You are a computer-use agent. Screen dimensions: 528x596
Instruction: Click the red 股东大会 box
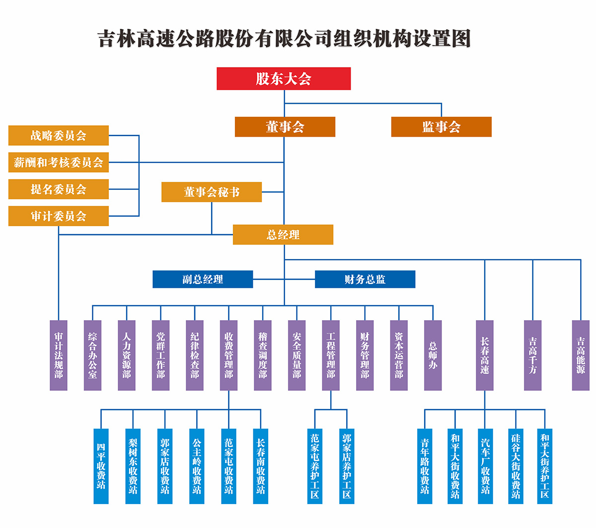point(284,79)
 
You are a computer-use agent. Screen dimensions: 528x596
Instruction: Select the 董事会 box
point(285,127)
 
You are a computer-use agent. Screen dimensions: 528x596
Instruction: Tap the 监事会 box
point(441,127)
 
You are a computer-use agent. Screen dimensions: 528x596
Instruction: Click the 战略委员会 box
point(59,135)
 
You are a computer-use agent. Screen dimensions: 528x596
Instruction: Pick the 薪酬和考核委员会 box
point(59,162)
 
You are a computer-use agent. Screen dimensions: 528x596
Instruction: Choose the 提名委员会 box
point(59,189)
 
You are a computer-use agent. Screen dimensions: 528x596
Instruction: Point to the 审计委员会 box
point(59,216)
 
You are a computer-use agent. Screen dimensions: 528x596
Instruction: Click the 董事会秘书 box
point(212,192)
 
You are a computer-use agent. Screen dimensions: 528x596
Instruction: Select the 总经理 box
point(283,235)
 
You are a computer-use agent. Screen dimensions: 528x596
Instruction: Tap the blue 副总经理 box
point(203,279)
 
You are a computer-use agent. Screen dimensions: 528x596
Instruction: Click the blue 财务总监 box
point(365,279)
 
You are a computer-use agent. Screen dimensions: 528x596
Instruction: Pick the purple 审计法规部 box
point(59,355)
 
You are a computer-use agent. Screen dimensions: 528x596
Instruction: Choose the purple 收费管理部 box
point(228,355)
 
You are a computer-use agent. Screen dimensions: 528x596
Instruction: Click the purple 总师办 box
point(433,355)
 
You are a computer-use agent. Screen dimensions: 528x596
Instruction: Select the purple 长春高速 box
point(485,355)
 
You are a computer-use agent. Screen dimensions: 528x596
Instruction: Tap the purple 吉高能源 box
point(581,355)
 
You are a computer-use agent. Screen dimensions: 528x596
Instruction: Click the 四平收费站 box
point(101,466)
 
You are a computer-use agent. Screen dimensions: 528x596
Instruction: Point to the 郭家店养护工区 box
point(347,466)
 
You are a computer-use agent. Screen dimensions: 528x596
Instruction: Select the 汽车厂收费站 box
point(485,466)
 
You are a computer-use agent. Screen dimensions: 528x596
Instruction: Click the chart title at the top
point(284,39)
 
